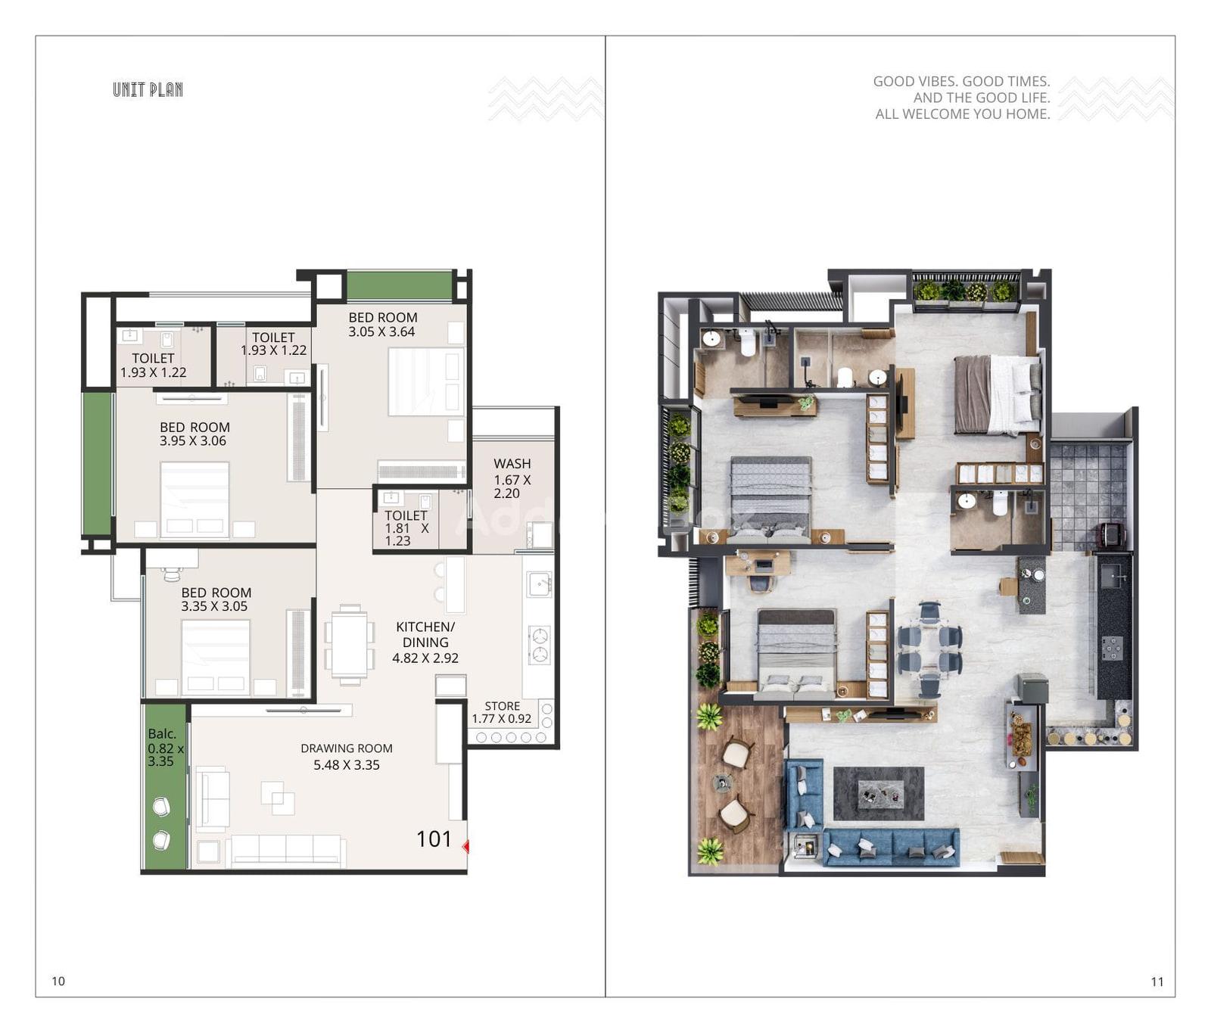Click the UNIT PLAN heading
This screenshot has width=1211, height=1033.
[148, 89]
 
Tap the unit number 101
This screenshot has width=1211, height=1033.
[434, 839]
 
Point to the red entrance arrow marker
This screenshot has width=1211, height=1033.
[465, 846]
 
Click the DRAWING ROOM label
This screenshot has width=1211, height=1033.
[347, 748]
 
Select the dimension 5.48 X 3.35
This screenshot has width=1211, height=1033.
[347, 765]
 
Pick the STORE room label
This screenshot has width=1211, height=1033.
[503, 706]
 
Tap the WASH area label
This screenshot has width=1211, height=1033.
[512, 463]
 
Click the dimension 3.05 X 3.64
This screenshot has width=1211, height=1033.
[381, 331]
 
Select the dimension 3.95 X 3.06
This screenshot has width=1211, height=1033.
[193, 440]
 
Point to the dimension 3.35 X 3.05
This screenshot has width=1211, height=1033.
[214, 606]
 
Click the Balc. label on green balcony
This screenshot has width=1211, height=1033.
[162, 733]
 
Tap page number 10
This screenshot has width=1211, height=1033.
[58, 981]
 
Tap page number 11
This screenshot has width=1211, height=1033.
[1157, 982]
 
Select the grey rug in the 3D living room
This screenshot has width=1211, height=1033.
[879, 794]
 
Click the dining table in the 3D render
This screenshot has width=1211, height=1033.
[929, 649]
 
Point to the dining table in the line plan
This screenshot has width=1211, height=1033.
[349, 645]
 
